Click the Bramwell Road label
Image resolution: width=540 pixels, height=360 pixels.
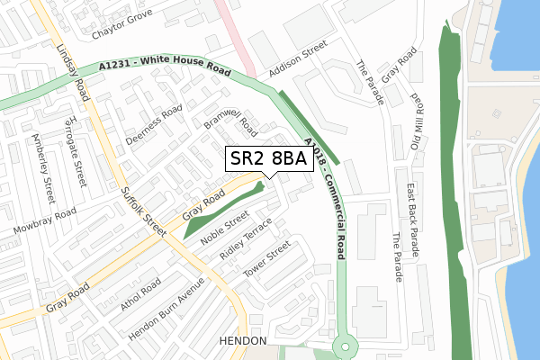pos(229,126)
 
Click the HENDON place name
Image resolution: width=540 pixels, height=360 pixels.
pos(242,342)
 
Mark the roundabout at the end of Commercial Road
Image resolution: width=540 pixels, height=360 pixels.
pos(344,346)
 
